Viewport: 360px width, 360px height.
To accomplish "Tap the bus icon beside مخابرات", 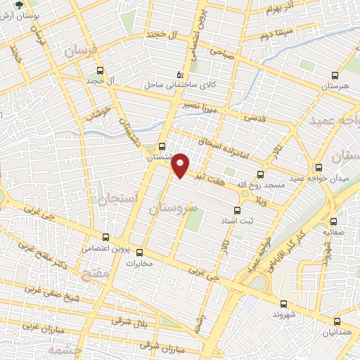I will click(139, 252).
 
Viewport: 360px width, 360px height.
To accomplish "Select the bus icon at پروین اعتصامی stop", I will click(105, 237).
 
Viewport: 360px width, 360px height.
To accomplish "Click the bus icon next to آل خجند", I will click(100, 70).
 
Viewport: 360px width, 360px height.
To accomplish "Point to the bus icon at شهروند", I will click(283, 304).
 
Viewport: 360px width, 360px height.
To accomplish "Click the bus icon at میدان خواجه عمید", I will click(319, 167).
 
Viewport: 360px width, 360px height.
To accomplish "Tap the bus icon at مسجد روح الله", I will click(260, 174).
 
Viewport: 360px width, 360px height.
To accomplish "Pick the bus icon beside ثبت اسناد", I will click(237, 210).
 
